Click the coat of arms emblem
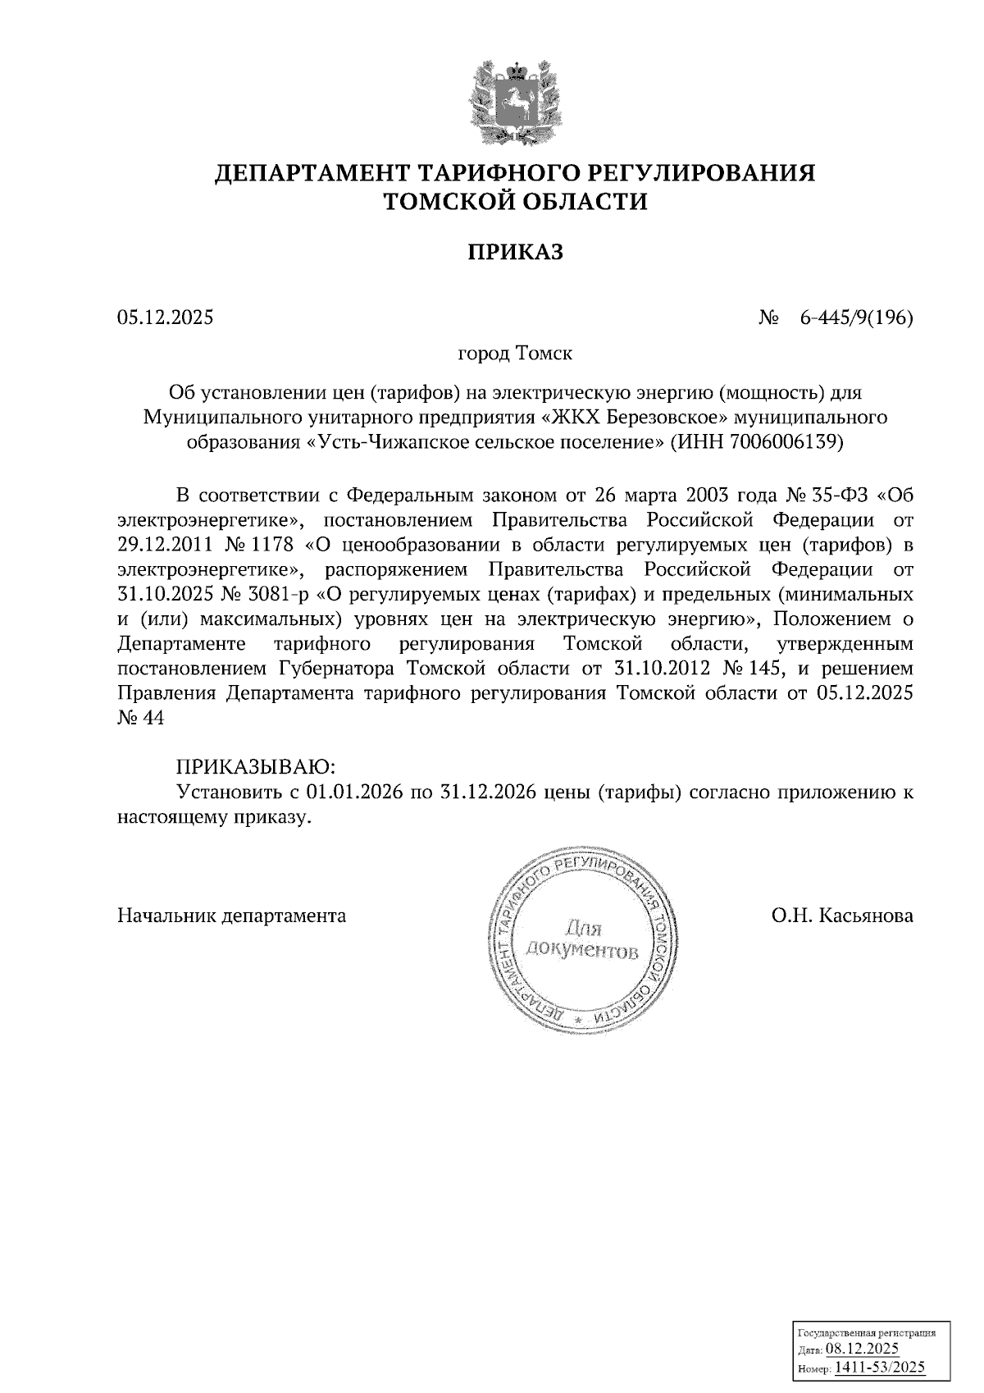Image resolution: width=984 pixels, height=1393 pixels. [x=515, y=100]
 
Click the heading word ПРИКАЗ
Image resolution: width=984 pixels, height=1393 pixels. [x=515, y=252]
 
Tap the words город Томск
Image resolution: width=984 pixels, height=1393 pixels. [x=514, y=354]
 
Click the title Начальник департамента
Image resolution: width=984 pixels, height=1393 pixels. [x=232, y=915]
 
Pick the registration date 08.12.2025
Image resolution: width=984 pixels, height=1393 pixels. [x=862, y=1348]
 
